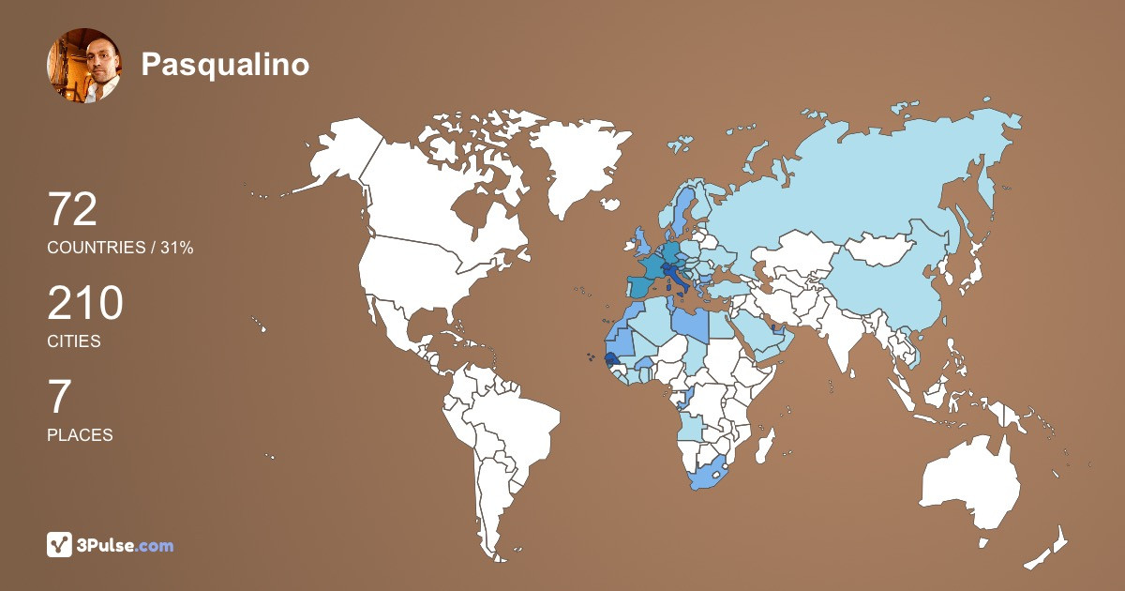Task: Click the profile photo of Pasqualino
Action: (83, 65)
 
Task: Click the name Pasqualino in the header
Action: (225, 64)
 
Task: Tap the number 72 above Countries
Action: (72, 210)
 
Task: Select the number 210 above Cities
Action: (85, 304)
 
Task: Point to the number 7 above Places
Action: (59, 398)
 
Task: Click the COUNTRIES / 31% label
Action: (120, 248)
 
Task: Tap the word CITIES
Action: (74, 341)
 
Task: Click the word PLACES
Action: (80, 435)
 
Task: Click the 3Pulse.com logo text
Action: (126, 545)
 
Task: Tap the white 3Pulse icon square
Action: (60, 545)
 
